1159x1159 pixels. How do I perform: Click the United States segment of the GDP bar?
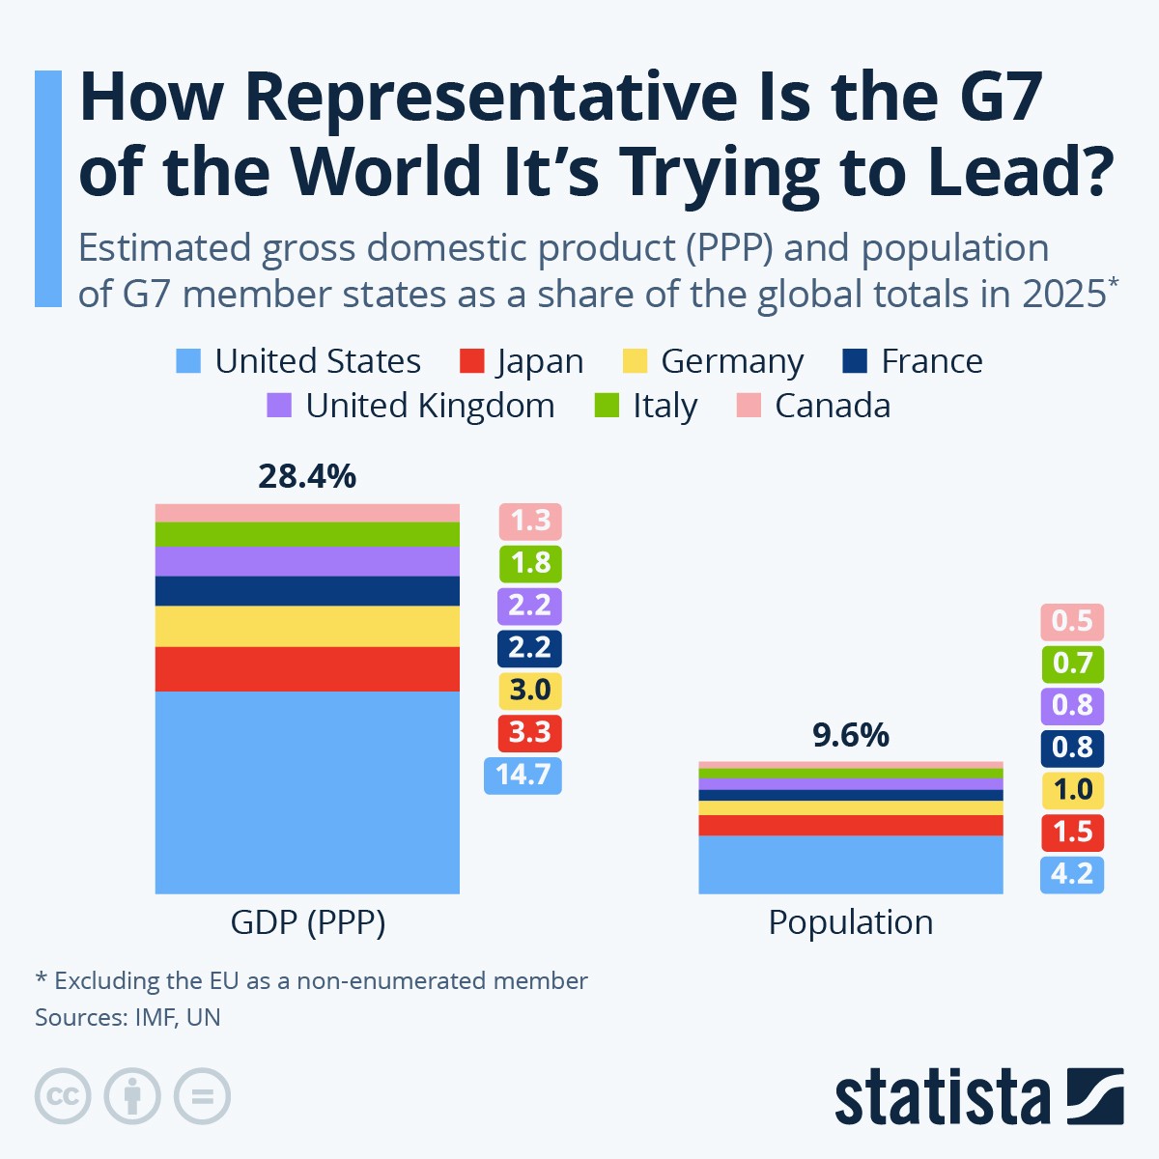pos(307,792)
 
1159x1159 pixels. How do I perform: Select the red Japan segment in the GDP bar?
pos(307,668)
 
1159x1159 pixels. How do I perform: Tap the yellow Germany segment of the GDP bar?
pos(307,626)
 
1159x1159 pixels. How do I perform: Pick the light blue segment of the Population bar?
pos(850,864)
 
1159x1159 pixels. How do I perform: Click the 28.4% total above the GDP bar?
pos(307,476)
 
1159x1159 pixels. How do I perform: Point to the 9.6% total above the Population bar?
pos(850,735)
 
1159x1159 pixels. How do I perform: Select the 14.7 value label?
pos(523,775)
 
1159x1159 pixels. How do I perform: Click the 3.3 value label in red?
pos(529,732)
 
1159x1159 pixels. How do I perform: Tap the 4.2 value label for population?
pos(1072,874)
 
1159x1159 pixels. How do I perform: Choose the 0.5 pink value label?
pos(1072,620)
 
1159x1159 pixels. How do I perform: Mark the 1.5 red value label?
pos(1072,832)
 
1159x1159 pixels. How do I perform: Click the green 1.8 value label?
pos(530,563)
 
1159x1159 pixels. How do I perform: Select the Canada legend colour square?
pos(749,406)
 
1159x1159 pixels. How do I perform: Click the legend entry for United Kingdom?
pos(430,406)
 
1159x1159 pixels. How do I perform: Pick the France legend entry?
pos(931,361)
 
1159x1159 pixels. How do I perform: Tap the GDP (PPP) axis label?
pos(307,922)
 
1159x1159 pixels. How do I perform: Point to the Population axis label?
pos(850,922)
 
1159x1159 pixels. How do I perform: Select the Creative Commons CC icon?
pos(63,1096)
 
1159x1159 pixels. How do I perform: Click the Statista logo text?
pos(942,1097)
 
